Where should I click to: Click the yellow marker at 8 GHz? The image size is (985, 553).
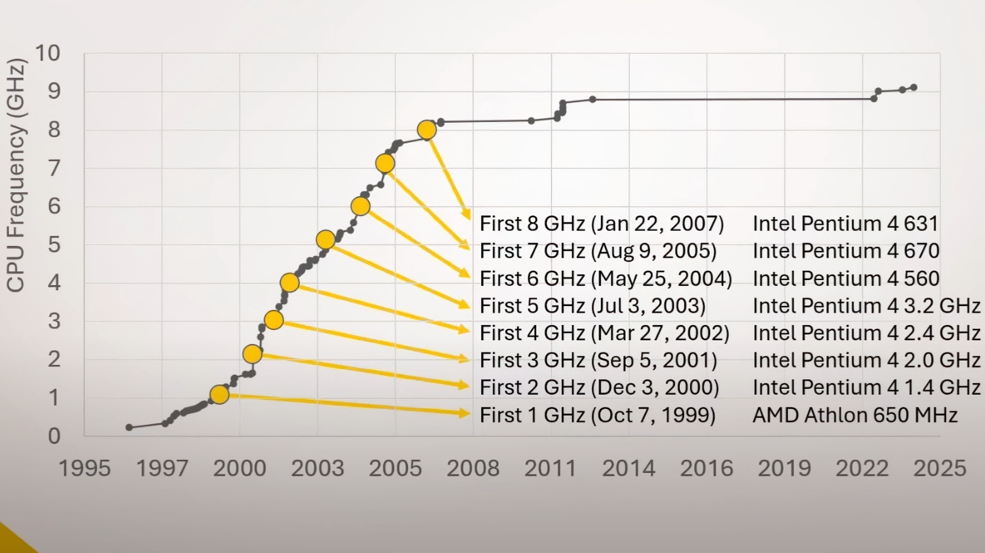coord(427,130)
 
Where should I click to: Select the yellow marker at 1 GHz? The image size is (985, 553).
coord(219,394)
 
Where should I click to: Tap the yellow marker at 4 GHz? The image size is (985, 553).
coord(289,283)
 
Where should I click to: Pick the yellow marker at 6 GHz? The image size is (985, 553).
coord(361,206)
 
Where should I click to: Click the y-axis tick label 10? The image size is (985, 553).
coord(47,53)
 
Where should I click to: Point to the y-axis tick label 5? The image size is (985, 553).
coord(54,245)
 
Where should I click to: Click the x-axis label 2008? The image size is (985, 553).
coord(473,468)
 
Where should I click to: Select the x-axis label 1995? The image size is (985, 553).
coord(84,468)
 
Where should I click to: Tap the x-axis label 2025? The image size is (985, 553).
coord(939,468)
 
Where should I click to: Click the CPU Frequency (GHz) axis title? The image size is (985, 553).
coord(16,175)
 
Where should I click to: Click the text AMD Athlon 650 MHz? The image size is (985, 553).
coord(854,415)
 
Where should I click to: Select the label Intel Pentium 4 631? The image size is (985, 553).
coord(845,223)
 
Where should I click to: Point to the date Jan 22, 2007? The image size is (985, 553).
coord(657,223)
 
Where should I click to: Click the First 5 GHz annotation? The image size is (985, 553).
coord(592,306)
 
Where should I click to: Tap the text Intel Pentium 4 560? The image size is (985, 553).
coord(846,278)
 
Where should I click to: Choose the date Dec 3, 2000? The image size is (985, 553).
coord(655,387)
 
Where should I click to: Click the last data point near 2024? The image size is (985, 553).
coord(914,88)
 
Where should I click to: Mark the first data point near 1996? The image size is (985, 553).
coord(129,427)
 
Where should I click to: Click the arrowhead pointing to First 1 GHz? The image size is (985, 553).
coord(465,414)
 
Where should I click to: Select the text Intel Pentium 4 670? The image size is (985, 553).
coord(846,251)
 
